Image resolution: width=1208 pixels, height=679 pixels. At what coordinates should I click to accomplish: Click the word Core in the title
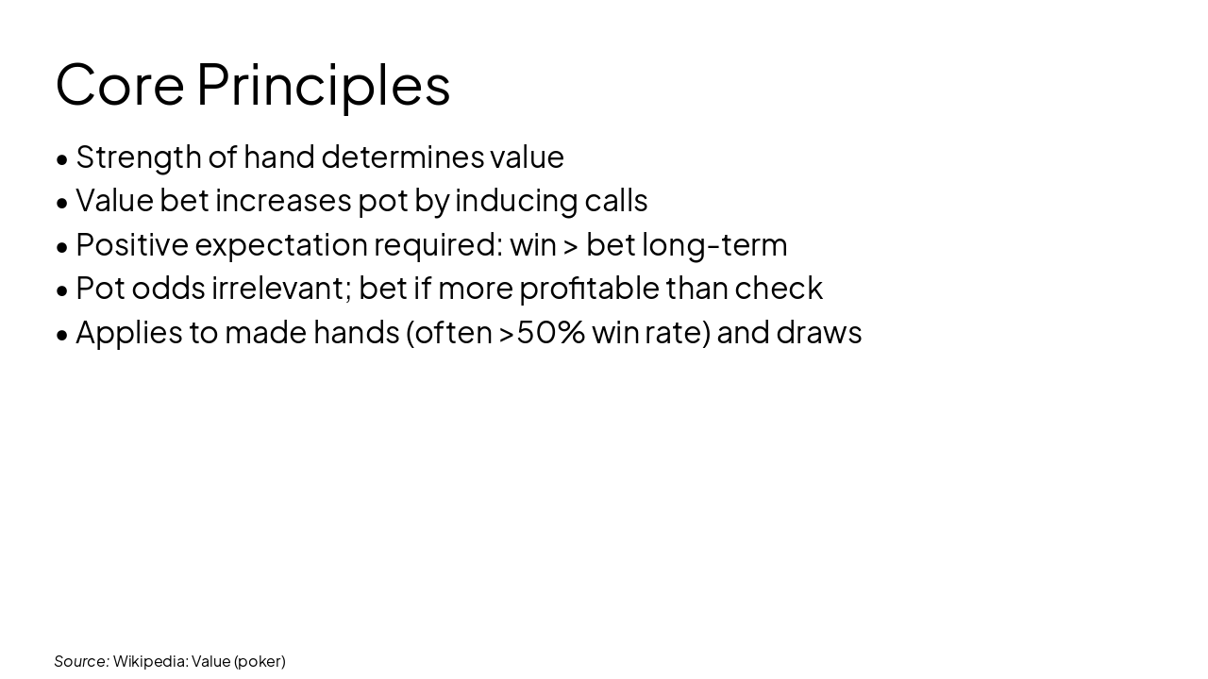[x=119, y=85]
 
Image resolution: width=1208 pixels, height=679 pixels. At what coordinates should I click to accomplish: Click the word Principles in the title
[x=323, y=85]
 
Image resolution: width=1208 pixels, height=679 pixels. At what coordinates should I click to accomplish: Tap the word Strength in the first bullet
[x=139, y=157]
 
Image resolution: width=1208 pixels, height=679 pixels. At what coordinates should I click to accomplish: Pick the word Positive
[x=132, y=244]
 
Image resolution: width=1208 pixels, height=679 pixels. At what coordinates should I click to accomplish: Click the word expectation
[x=281, y=245]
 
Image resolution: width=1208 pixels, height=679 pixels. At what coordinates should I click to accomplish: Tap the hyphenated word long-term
[x=714, y=245]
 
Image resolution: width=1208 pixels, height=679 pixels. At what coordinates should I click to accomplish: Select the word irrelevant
[x=281, y=288]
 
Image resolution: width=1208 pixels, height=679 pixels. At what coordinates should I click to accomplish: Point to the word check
[x=779, y=288]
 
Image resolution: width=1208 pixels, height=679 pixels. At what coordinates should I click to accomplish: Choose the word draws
[x=818, y=332]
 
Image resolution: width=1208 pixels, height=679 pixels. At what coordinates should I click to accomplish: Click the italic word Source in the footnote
[x=81, y=661]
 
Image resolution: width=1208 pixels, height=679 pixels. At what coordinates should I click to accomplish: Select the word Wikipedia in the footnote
[x=150, y=661]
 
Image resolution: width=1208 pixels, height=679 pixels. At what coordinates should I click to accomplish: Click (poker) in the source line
[x=260, y=661]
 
